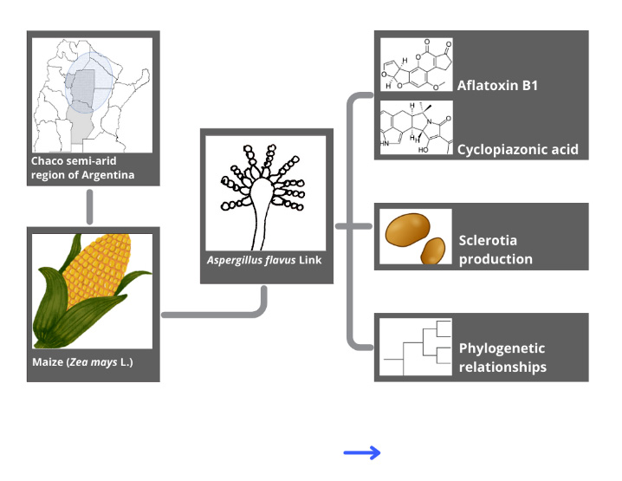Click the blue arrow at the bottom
(362, 452)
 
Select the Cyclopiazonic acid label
(517, 150)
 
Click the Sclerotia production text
(495, 250)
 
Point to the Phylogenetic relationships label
(502, 357)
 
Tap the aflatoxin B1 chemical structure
(417, 67)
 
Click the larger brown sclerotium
(407, 230)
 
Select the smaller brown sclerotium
(434, 250)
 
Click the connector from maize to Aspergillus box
(217, 311)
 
